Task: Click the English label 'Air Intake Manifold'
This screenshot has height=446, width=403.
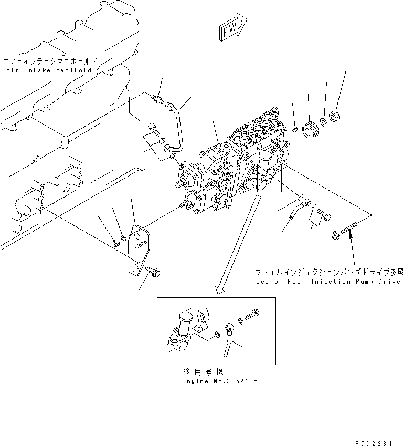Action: (48, 70)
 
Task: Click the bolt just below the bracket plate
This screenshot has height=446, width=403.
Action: (153, 271)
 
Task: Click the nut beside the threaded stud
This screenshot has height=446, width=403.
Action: (334, 236)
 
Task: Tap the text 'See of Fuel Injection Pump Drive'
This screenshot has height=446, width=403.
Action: (328, 282)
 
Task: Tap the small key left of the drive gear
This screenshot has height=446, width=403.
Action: (296, 128)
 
